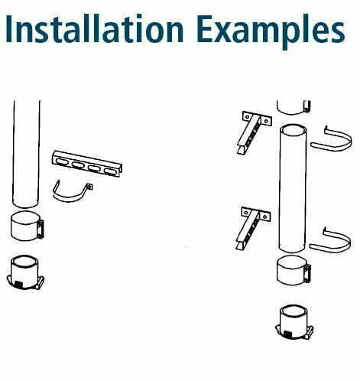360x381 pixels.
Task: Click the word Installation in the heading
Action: tap(94, 28)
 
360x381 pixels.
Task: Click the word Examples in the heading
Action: tap(271, 31)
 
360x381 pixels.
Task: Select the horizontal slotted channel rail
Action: tap(87, 164)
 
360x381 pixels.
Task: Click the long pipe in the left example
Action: tap(26, 154)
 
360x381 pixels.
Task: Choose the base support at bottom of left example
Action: tap(25, 272)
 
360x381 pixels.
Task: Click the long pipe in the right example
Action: tap(293, 188)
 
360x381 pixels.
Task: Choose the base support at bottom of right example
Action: tap(294, 322)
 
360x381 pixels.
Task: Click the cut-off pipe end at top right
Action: tap(294, 107)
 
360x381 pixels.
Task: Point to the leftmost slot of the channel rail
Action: tap(61, 161)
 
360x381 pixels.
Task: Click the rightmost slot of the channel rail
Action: tap(111, 171)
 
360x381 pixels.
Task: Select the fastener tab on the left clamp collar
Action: tap(41, 230)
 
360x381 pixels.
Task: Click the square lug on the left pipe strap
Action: tap(89, 187)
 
